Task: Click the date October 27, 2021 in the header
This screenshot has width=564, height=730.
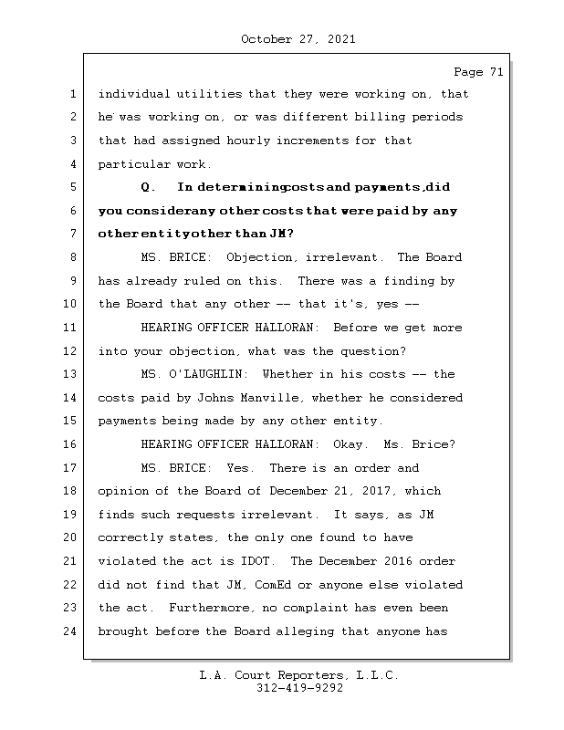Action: point(298,39)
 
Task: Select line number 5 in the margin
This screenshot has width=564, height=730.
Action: point(70,187)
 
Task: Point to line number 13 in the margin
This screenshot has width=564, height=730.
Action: point(70,374)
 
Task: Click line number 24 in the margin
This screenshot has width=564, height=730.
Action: point(70,631)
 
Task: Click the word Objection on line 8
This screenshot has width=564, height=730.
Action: point(257,257)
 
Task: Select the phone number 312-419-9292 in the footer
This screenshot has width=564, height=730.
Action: point(299,689)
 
